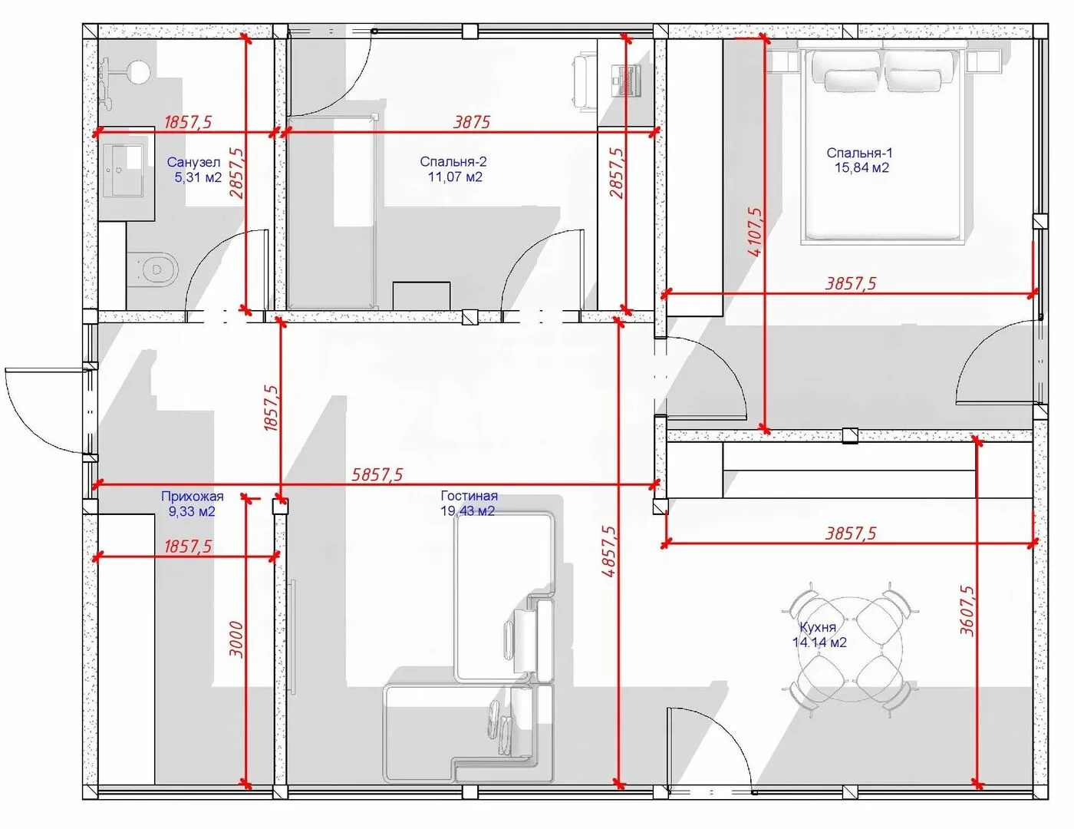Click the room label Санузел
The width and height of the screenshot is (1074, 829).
coord(193,162)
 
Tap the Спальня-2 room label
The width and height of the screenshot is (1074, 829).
coord(453,162)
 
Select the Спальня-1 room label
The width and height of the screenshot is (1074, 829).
coord(859,154)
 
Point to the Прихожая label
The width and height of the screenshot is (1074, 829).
coord(193,496)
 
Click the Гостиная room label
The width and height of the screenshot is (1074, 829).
coord(469,495)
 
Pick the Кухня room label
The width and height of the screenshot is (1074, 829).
coord(818,627)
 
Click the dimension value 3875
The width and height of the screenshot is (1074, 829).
coord(472,122)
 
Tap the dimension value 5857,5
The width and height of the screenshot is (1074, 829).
coord(377,474)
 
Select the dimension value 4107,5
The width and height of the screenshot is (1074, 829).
coord(755,231)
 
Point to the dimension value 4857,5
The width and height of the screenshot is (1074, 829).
coord(608,552)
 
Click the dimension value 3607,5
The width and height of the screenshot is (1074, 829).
coord(967,610)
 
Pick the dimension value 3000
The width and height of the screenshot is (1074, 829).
coord(237,639)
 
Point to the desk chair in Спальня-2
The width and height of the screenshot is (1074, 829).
coord(584,81)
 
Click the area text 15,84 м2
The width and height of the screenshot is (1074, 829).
coord(862,167)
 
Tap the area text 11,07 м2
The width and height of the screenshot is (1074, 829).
coord(455,177)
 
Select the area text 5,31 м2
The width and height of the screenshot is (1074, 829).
coord(198,177)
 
